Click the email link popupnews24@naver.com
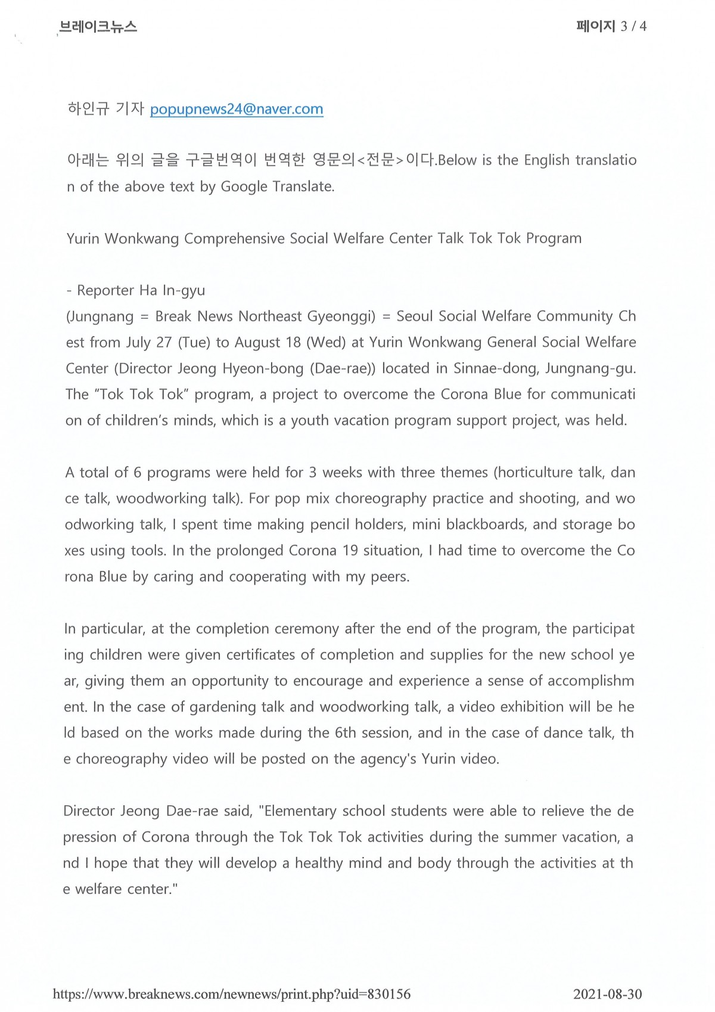tap(237, 109)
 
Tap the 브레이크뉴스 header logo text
tap(98, 27)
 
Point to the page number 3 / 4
tap(633, 26)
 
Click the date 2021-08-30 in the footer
tap(607, 994)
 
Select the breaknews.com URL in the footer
tap(232, 994)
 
